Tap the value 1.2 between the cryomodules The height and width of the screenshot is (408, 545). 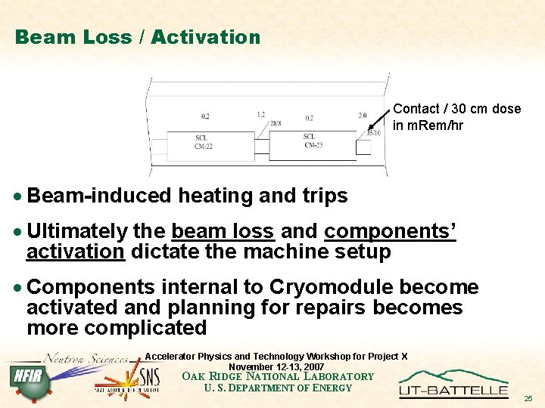(260, 114)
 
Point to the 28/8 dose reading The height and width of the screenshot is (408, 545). (275, 123)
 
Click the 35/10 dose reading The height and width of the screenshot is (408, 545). (374, 133)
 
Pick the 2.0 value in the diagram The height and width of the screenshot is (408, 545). (363, 116)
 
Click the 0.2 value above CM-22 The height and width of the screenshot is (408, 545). (206, 116)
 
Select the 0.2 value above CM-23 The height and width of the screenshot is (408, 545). (309, 118)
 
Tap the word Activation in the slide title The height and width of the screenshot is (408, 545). (206, 36)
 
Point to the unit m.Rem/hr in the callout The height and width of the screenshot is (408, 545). (428, 125)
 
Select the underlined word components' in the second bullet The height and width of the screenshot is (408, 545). (391, 231)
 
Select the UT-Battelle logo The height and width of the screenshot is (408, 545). (453, 383)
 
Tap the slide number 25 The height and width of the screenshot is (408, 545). (528, 398)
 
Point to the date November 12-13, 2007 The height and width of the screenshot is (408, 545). (276, 366)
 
